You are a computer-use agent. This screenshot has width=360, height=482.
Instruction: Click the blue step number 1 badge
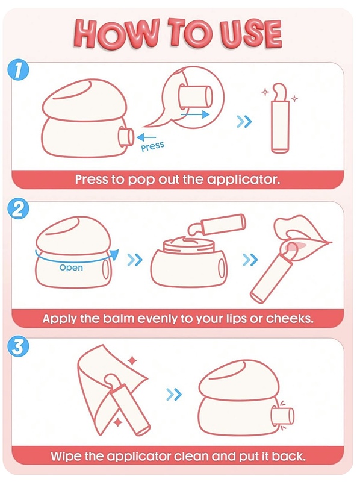18,70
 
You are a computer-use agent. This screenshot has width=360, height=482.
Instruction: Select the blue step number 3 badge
18,347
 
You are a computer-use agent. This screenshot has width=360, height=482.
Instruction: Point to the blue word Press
153,146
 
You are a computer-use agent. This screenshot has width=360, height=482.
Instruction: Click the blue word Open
71,268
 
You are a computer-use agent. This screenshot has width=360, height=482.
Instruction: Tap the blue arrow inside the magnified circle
196,114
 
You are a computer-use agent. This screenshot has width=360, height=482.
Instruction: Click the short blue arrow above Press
146,137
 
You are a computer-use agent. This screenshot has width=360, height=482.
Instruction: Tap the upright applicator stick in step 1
280,118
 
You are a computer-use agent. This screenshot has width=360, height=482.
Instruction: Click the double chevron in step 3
174,395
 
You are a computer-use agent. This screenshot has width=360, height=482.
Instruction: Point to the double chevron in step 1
244,122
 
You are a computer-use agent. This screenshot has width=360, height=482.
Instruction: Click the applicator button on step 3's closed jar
282,416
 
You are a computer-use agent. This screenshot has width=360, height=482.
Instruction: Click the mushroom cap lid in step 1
85,99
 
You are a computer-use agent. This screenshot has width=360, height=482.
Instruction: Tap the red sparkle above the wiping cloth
132,360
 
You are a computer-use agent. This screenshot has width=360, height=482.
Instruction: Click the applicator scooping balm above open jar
217,225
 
